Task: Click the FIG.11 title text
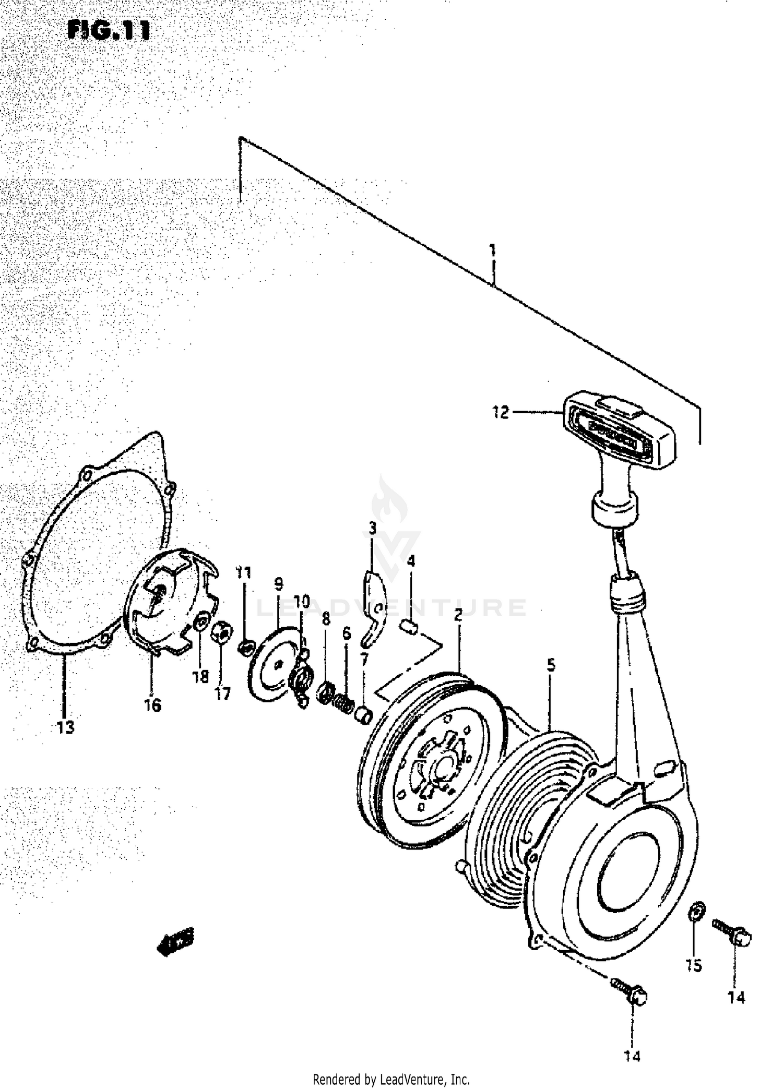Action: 109,31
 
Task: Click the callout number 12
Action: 500,413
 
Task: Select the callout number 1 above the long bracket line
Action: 492,250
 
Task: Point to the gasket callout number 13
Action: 65,727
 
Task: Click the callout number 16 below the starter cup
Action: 153,705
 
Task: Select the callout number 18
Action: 200,677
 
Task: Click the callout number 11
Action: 243,572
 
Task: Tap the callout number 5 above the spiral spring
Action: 551,665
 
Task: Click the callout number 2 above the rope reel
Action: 458,616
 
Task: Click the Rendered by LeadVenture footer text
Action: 391,1079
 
